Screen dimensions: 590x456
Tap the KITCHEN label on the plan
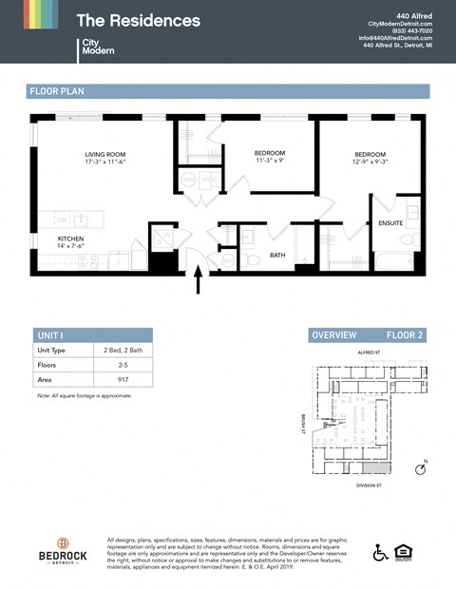71,238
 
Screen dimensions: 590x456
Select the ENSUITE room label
390,223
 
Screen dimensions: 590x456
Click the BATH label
277,255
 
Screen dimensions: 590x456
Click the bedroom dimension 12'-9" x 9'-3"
370,162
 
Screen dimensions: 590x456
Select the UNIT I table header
50,335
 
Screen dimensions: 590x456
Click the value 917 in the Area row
110,378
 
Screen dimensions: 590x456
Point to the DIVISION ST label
368,485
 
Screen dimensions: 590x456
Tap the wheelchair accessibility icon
380,552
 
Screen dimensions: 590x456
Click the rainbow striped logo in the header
41,14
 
